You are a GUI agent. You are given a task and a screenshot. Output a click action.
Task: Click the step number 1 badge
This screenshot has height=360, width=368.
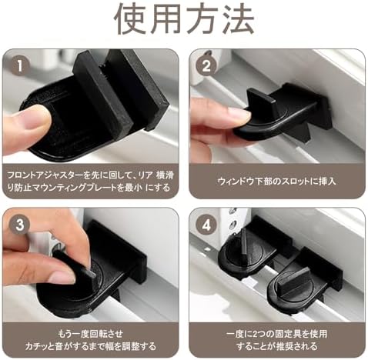[x=20, y=66]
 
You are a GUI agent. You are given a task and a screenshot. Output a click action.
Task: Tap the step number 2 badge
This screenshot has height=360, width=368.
[x=206, y=66]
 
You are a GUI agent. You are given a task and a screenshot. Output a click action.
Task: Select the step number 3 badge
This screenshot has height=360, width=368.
[x=20, y=225]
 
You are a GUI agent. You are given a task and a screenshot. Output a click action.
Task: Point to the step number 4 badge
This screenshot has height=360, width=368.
[x=206, y=225]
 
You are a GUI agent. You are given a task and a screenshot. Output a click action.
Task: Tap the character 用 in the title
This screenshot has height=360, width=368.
[x=166, y=19]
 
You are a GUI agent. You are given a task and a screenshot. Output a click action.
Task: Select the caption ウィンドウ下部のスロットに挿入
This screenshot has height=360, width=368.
[x=276, y=182]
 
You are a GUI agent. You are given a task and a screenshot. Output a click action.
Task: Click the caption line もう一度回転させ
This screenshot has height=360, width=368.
[x=91, y=334]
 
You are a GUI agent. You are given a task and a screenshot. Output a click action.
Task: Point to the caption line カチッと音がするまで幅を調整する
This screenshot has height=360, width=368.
[x=91, y=346]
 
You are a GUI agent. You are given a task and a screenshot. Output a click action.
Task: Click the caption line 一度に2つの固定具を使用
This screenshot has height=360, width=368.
[x=277, y=334]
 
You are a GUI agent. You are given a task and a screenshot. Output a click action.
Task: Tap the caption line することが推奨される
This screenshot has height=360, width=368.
[x=277, y=346]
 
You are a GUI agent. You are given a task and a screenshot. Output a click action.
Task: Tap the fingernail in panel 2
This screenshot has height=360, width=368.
[x=240, y=116]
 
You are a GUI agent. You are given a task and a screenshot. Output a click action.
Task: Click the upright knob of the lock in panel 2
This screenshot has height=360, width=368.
[x=262, y=102]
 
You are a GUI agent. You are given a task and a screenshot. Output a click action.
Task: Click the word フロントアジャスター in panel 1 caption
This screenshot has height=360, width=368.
[x=45, y=175]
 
